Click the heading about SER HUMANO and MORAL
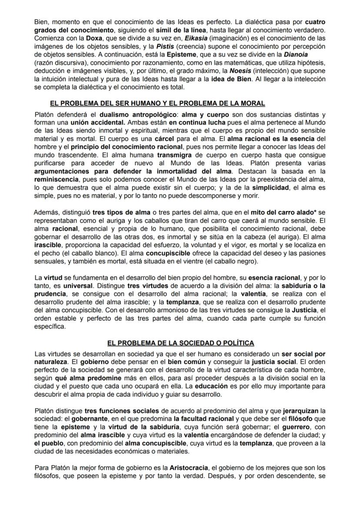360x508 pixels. click(x=157, y=103)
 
